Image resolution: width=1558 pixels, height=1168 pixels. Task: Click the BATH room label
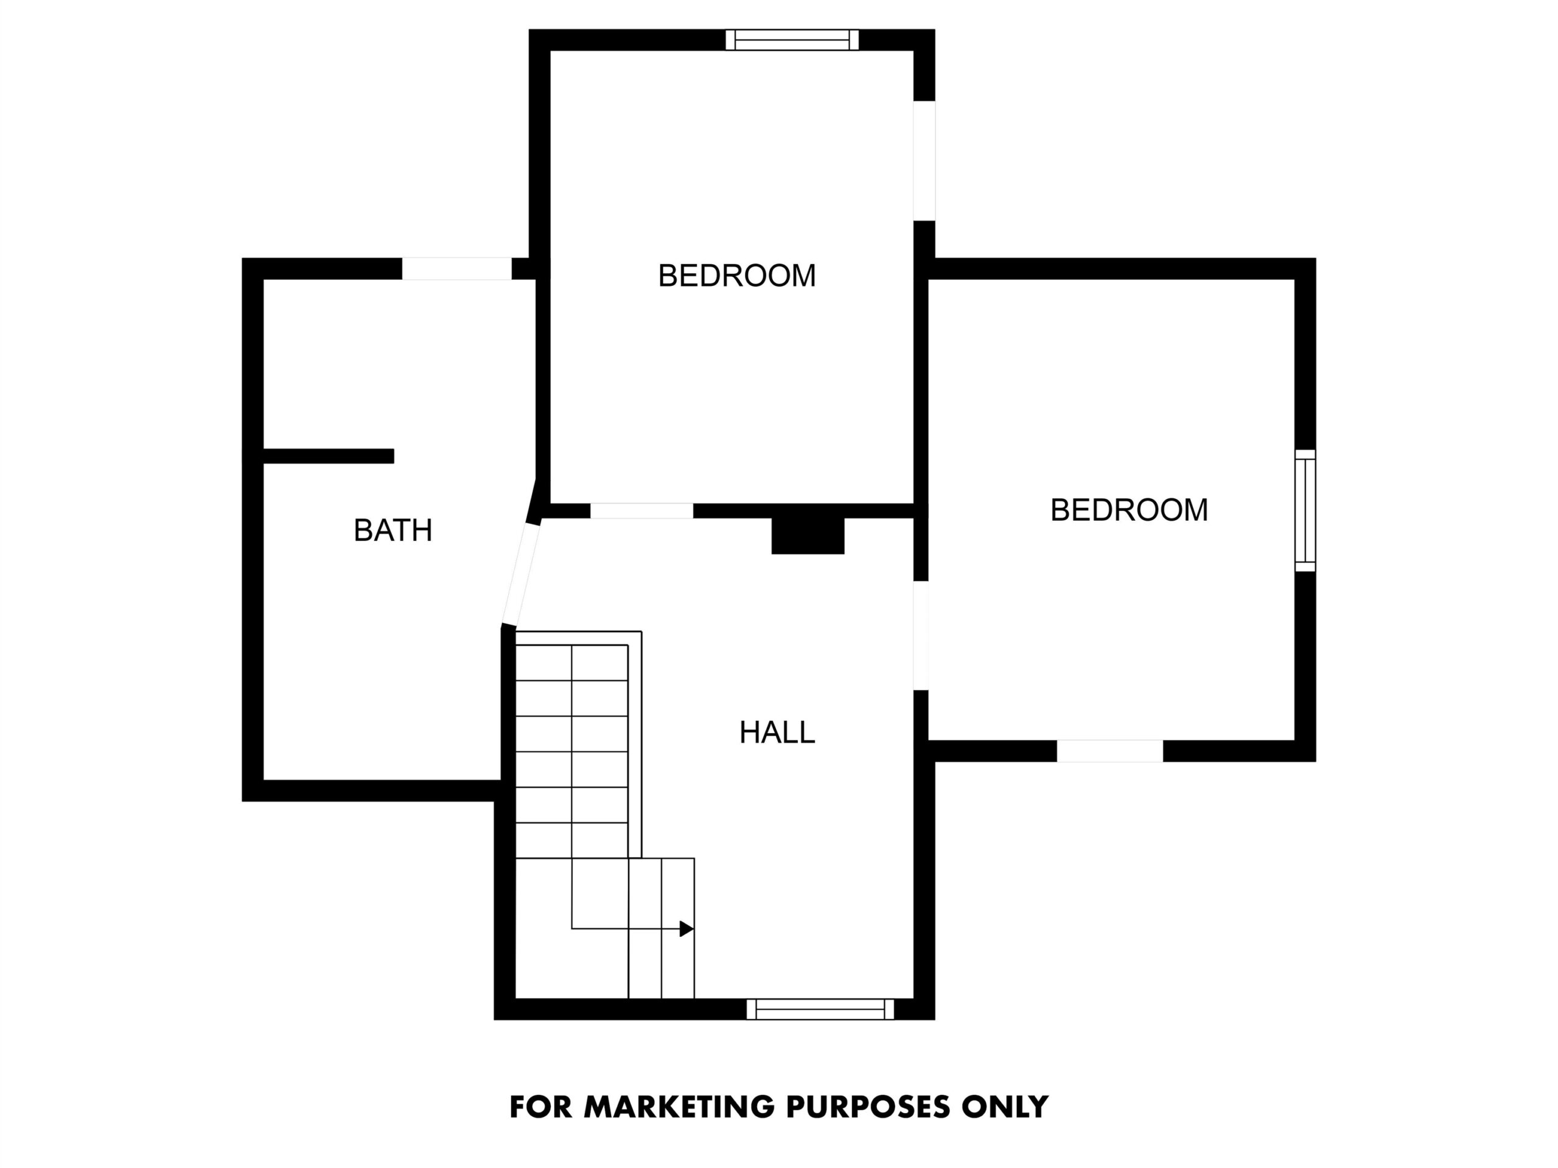pyautogui.click(x=393, y=530)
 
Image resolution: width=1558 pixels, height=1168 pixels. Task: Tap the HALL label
pyautogui.click(x=777, y=733)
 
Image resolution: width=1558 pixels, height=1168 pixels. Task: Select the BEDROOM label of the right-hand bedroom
pyautogui.click(x=1129, y=510)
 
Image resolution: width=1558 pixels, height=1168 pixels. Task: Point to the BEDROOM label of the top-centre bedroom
pyautogui.click(x=737, y=276)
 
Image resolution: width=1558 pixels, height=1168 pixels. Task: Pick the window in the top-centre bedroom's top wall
pyautogui.click(x=792, y=40)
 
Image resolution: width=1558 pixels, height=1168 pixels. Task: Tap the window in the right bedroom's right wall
pyautogui.click(x=1305, y=510)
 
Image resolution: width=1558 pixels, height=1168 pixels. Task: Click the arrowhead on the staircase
pyautogui.click(x=686, y=929)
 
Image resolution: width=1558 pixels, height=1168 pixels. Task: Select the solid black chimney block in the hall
pyautogui.click(x=808, y=536)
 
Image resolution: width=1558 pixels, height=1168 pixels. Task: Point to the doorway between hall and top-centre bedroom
pyautogui.click(x=641, y=511)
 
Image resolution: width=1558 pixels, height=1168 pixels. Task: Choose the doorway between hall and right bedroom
pyautogui.click(x=921, y=636)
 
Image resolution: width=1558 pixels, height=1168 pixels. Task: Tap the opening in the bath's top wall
pyautogui.click(x=456, y=269)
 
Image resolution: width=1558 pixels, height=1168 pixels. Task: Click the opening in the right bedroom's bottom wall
pyautogui.click(x=1109, y=751)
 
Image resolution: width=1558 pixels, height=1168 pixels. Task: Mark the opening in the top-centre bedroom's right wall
pyautogui.click(x=924, y=161)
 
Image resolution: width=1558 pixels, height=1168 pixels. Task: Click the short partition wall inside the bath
pyautogui.click(x=328, y=456)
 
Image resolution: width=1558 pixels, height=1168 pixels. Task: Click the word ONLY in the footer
pyautogui.click(x=1005, y=1107)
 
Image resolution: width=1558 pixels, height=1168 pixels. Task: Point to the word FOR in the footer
pyautogui.click(x=541, y=1107)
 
